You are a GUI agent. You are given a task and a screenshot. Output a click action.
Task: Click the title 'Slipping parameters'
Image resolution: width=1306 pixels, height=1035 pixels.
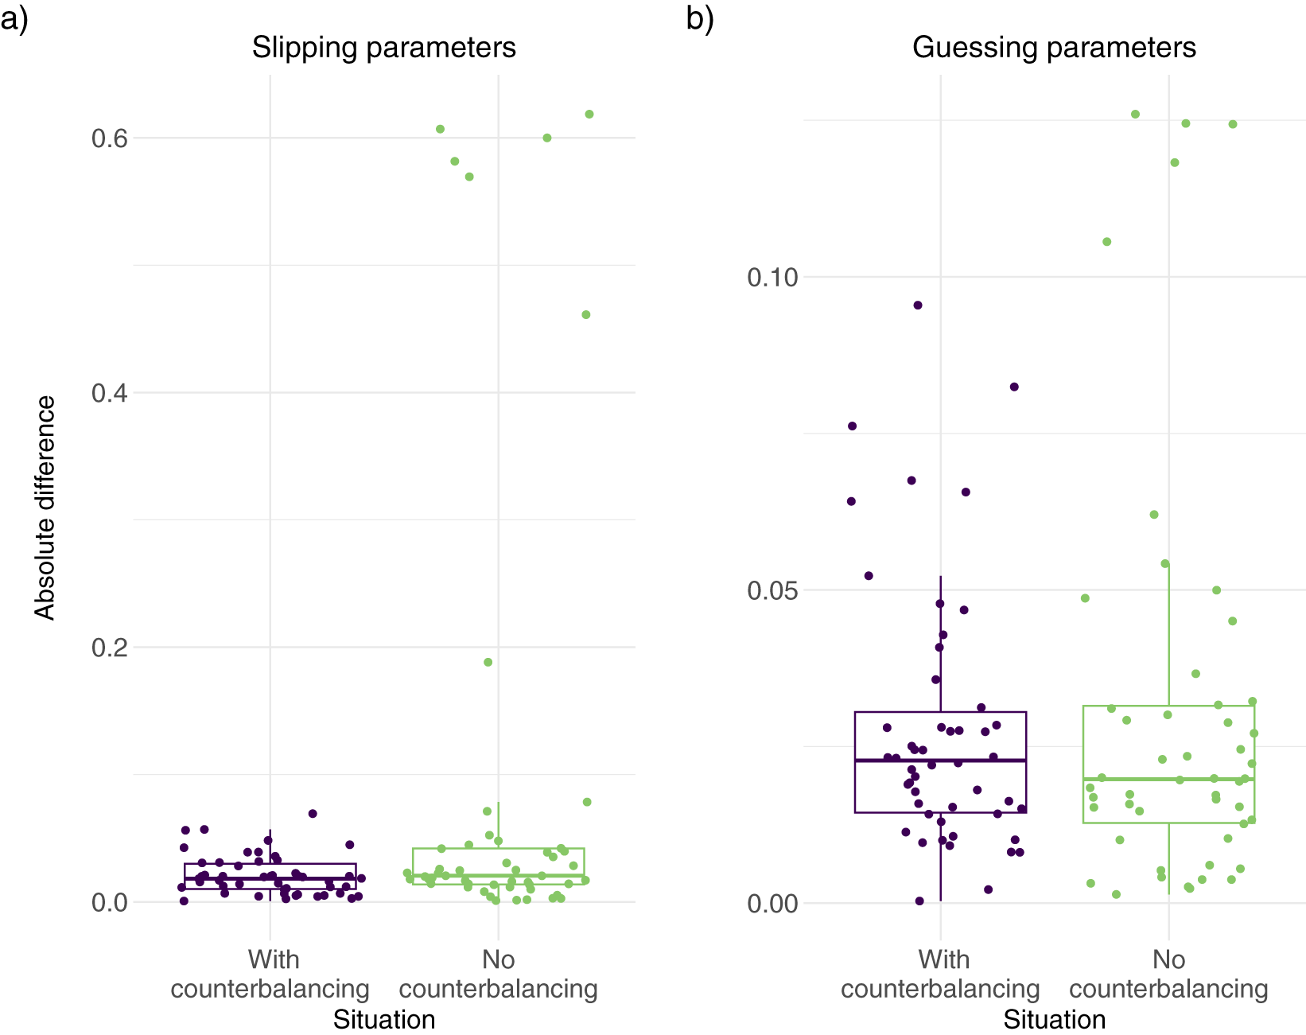(383, 48)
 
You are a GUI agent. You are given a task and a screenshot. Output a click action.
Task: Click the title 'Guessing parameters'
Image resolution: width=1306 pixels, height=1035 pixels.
(1054, 48)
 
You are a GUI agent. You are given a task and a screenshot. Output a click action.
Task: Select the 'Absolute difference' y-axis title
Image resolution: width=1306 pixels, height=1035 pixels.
(45, 508)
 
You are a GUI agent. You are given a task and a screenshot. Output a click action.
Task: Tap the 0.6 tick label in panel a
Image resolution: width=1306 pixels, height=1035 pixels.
(110, 138)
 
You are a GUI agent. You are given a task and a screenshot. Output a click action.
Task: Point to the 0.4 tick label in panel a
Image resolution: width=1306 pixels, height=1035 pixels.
(110, 393)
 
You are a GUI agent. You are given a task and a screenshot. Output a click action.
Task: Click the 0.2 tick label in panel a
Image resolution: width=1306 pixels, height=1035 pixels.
(110, 648)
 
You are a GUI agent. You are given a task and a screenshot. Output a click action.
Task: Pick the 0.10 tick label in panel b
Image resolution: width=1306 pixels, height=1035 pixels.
(772, 278)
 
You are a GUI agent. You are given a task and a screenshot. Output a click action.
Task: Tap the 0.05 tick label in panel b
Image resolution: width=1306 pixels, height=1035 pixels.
(772, 590)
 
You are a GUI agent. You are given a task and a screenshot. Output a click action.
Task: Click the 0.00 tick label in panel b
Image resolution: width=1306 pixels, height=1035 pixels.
(772, 903)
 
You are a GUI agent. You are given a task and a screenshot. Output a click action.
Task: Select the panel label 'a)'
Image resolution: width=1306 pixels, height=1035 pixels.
(14, 19)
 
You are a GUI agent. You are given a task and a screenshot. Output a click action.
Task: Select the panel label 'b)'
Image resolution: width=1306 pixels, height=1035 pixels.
(700, 19)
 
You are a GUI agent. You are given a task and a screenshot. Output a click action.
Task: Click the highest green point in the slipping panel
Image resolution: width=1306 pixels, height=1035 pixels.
(589, 114)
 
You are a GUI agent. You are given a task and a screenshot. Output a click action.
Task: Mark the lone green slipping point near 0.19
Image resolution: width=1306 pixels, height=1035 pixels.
(488, 662)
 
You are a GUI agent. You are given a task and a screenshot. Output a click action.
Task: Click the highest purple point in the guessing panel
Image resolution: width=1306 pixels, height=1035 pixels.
(918, 305)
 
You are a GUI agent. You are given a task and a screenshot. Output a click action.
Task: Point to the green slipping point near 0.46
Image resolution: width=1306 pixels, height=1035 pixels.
(585, 314)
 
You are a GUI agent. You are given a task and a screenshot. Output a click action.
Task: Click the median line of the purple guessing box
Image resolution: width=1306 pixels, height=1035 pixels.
(940, 760)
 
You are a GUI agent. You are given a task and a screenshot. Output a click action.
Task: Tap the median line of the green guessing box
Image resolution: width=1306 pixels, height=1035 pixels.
(1168, 779)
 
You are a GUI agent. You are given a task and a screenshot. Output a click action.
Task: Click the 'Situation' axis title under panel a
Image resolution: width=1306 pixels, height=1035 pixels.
(384, 1021)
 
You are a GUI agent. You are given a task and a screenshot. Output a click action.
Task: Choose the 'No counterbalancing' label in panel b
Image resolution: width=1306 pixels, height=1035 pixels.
(1168, 975)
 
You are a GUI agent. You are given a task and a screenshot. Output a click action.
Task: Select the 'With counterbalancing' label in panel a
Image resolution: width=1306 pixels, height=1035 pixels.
(270, 975)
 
